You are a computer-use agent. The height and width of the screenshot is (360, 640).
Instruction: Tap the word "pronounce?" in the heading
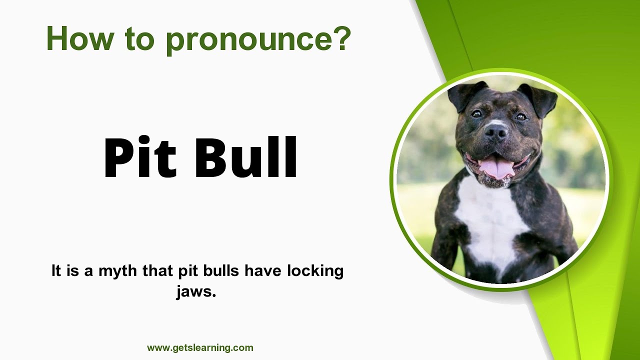click(258, 40)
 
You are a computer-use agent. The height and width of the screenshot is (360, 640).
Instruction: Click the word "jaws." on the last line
click(196, 291)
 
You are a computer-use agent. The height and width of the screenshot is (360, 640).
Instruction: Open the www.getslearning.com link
click(200, 348)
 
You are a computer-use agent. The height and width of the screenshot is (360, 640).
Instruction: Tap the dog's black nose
click(495, 131)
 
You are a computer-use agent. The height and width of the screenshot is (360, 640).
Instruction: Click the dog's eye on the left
click(476, 114)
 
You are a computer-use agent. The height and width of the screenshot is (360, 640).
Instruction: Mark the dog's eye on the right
click(520, 116)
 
